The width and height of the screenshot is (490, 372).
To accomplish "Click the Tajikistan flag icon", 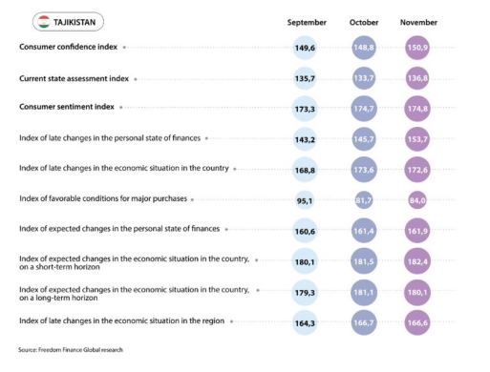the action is [x=44, y=22].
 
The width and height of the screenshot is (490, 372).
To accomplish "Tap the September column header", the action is [x=307, y=23].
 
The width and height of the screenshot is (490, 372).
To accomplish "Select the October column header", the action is [x=364, y=23].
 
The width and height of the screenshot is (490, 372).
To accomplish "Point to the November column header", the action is [x=418, y=23].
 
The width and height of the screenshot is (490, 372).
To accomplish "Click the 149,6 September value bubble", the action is [x=305, y=48].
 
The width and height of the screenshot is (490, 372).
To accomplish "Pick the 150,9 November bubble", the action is [x=417, y=48].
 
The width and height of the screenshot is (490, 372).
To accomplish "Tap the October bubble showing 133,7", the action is [x=364, y=78].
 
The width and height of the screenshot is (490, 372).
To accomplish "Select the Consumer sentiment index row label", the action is [x=67, y=107].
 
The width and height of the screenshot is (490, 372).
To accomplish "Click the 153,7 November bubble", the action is [x=417, y=139].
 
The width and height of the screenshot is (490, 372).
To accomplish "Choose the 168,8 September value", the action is [x=305, y=170].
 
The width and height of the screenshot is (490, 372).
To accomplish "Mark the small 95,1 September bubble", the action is [x=305, y=200].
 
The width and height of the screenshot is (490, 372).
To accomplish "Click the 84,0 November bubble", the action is [x=417, y=200].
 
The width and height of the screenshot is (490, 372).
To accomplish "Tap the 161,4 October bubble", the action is [x=364, y=231].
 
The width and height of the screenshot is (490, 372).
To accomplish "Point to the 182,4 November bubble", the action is [x=417, y=261].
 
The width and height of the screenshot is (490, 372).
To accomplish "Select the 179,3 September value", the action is [x=305, y=293].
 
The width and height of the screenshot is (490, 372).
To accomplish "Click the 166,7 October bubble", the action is [x=364, y=323].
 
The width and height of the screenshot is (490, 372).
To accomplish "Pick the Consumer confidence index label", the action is [x=68, y=47].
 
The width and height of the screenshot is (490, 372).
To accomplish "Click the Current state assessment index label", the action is [x=74, y=78].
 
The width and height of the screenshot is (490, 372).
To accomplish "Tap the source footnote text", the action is [x=71, y=350].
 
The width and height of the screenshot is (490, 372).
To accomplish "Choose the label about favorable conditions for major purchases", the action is [x=103, y=198].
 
